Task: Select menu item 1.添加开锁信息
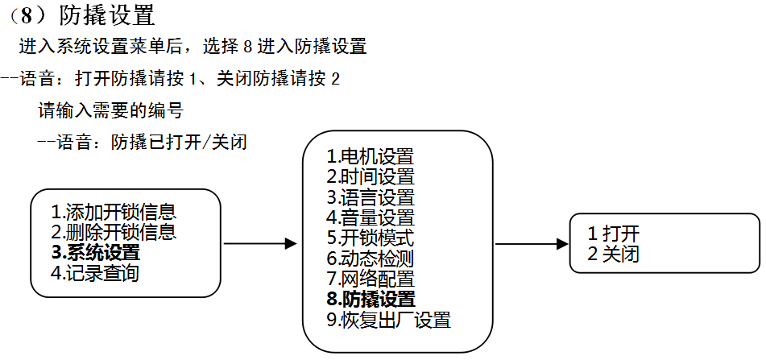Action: pos(114,213)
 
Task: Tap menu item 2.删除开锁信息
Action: pos(114,234)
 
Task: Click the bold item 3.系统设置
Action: pos(95,254)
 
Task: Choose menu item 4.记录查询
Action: pos(95,274)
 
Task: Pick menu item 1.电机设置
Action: pos(370,156)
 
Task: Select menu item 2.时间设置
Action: pos(370,176)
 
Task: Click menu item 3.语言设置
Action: pos(370,197)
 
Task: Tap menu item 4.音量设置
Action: pos(370,217)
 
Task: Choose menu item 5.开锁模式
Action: pos(370,238)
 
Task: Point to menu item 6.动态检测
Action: pos(370,259)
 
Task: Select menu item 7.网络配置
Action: pos(370,279)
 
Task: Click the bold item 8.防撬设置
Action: pos(371,300)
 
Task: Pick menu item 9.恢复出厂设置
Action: pos(388,321)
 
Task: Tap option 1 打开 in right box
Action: pos(614,234)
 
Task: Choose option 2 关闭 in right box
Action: pos(614,254)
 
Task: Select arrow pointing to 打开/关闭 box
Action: pos(532,243)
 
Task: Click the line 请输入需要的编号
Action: pos(116,110)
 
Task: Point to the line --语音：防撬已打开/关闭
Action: pos(142,143)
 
